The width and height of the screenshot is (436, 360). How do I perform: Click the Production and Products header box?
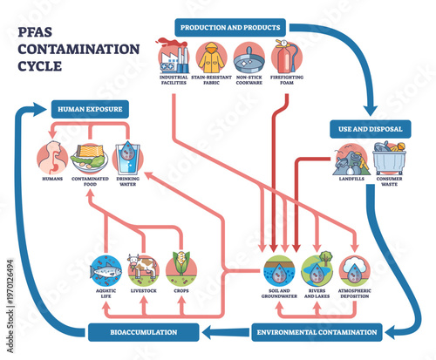(x=228, y=27)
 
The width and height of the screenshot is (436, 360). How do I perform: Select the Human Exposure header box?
(x=90, y=110)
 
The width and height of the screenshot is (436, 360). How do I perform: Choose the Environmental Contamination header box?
(x=317, y=331)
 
